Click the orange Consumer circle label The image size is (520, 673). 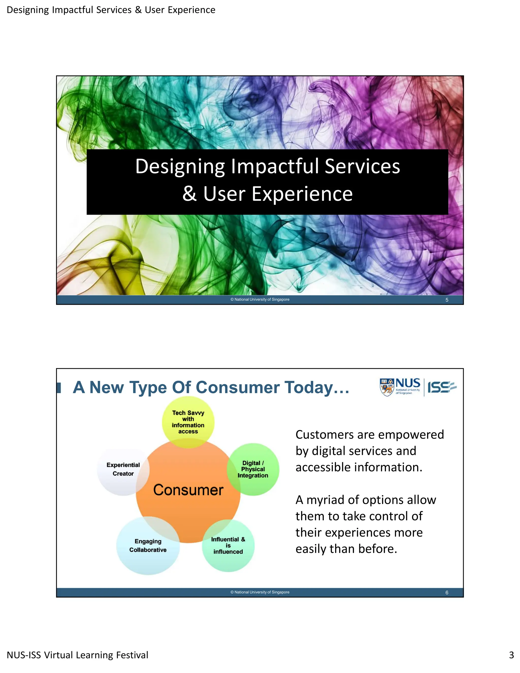(188, 490)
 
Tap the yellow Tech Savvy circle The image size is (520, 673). (188, 422)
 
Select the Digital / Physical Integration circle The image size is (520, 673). (253, 469)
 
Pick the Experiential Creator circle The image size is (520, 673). (123, 469)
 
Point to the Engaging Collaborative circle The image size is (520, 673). (148, 546)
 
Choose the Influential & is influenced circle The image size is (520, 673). (228, 546)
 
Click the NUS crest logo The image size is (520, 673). (387, 387)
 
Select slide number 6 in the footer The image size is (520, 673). (447, 592)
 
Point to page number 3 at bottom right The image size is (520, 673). (511, 655)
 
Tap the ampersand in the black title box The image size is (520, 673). (189, 194)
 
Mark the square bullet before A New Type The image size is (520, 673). (59, 388)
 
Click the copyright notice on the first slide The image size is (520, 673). (260, 299)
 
